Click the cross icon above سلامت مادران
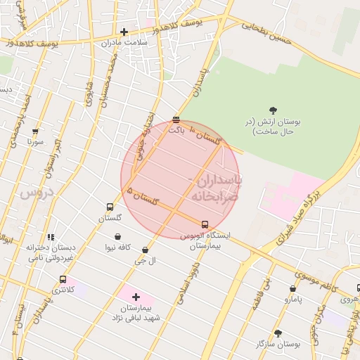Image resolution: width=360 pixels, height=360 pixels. tap(124, 32)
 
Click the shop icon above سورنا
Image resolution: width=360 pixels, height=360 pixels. tap(35, 131)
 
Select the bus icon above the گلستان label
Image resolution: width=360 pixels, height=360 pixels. tap(110, 207)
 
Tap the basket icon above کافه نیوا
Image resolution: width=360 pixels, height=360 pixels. tap(117, 237)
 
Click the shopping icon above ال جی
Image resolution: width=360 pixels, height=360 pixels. tap(145, 250)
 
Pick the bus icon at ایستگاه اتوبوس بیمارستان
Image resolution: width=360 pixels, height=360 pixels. tap(205, 225)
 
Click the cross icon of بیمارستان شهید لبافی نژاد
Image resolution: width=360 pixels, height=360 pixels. tap(136, 297)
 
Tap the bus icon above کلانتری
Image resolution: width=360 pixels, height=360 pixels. tap(63, 279)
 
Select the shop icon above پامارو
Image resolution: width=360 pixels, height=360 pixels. tap(292, 288)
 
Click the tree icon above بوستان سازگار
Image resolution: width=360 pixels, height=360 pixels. tap(278, 333)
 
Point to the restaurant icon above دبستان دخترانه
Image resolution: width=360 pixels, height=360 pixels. tap(50, 238)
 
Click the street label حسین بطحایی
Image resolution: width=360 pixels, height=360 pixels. tap(266, 29)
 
